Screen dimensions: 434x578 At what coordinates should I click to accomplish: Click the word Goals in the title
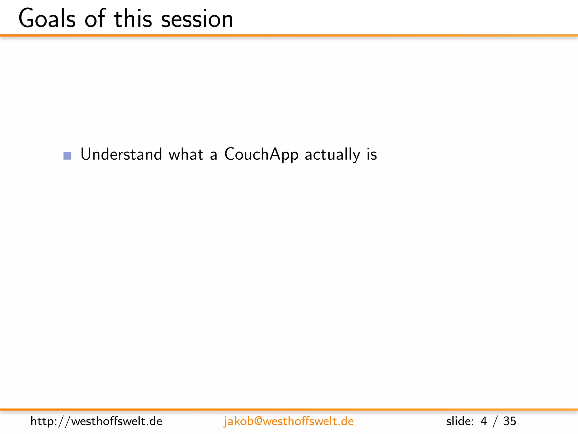pyautogui.click(x=47, y=19)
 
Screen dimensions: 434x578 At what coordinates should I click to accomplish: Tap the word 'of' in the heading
pyautogui.click(x=95, y=19)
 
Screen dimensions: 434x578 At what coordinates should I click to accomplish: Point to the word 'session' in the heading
pyautogui.click(x=197, y=19)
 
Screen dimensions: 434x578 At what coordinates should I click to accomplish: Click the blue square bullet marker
pyautogui.click(x=67, y=156)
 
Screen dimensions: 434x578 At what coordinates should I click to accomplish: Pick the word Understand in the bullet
pyautogui.click(x=121, y=154)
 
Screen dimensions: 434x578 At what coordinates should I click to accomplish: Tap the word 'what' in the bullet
pyautogui.click(x=186, y=154)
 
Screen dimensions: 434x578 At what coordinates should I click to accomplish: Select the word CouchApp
pyautogui.click(x=261, y=154)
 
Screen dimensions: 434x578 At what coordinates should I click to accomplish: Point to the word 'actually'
pyautogui.click(x=332, y=154)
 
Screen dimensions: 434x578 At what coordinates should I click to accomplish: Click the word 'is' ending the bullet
pyautogui.click(x=372, y=154)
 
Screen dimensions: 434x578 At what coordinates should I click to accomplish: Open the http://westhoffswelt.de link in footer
pyautogui.click(x=96, y=421)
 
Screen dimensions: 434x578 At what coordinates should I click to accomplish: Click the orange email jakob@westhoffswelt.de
pyautogui.click(x=288, y=421)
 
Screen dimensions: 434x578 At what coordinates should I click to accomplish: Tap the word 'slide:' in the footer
pyautogui.click(x=460, y=421)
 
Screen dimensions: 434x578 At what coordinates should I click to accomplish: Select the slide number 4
pyautogui.click(x=484, y=421)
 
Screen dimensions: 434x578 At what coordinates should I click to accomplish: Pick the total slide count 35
pyautogui.click(x=509, y=421)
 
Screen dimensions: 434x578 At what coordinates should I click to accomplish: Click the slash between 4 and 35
pyautogui.click(x=495, y=421)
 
